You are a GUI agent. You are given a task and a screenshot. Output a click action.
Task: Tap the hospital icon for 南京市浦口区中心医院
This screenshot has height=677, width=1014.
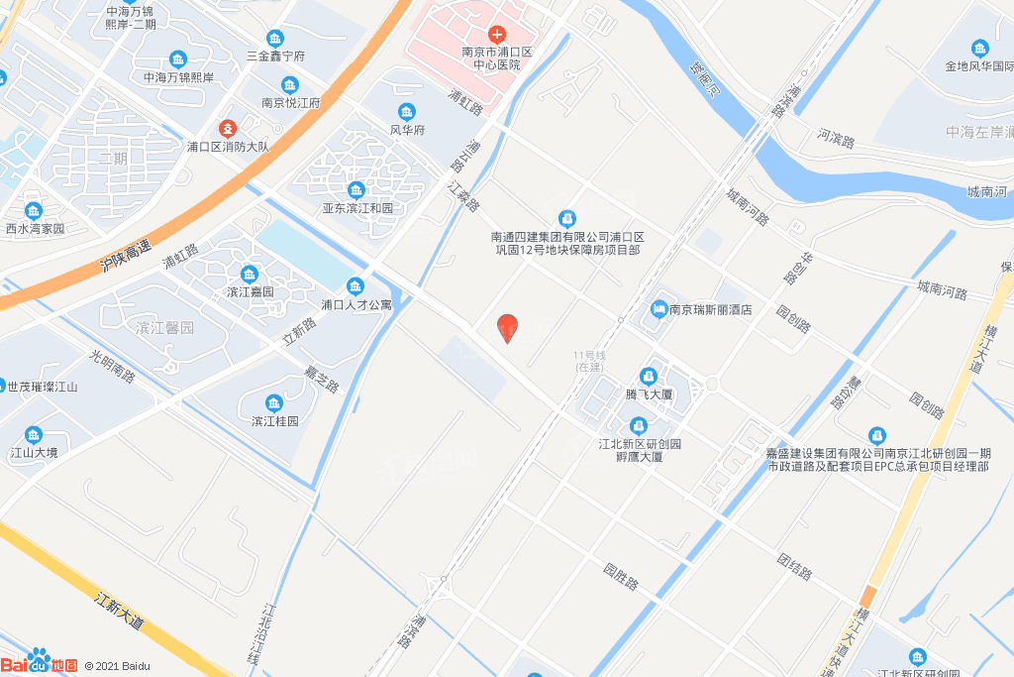click(x=497, y=35)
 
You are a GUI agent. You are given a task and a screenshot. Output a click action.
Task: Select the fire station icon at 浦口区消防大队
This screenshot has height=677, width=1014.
click(x=228, y=129)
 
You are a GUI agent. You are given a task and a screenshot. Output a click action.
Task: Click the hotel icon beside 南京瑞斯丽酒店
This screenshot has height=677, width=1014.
click(x=659, y=309)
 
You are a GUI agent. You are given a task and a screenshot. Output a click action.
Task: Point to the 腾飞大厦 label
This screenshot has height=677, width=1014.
click(x=650, y=394)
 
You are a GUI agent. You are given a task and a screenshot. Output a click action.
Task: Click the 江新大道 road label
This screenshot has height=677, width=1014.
click(x=120, y=611)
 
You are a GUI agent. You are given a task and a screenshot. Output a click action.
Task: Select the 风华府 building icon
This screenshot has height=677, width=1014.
click(x=406, y=111)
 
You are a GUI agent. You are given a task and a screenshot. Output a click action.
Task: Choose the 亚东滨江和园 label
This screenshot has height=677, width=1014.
click(x=357, y=208)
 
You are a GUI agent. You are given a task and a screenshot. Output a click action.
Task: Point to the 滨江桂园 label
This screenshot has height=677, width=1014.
click(x=274, y=420)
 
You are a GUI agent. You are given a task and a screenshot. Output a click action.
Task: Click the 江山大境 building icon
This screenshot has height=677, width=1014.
click(x=34, y=434)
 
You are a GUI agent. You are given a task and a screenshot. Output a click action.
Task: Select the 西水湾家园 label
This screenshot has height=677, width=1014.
click(x=35, y=228)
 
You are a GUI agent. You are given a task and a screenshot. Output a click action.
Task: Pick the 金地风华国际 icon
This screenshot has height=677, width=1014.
click(x=979, y=49)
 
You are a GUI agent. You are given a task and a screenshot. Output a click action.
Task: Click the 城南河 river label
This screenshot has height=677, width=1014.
click(x=987, y=191)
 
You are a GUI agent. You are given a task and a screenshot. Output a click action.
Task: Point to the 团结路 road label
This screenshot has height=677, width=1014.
click(x=794, y=567)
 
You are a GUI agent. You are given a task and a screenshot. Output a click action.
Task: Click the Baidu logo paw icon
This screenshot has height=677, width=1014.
click(x=39, y=658)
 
